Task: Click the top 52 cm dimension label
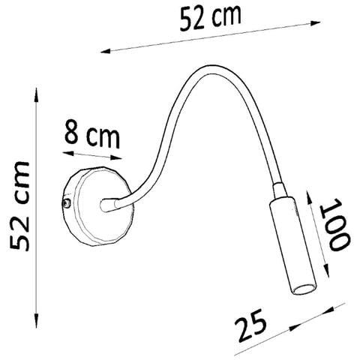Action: point(211,18)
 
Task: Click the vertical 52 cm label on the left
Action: point(19,206)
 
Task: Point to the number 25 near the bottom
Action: point(250,325)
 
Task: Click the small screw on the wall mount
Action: point(67,203)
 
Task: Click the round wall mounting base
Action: point(99,206)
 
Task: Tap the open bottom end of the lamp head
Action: point(304,289)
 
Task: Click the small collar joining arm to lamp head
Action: point(279,190)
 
